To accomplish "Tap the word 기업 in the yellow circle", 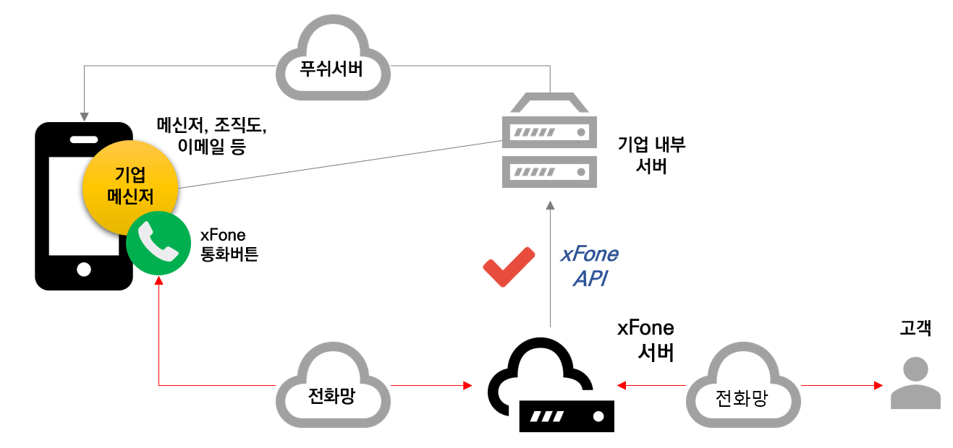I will (x=130, y=174).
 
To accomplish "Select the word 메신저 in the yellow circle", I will (x=130, y=196).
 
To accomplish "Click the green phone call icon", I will (x=158, y=244).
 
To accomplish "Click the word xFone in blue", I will (x=590, y=255).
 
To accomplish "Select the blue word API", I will (x=590, y=279).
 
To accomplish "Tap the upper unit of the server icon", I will (x=550, y=132).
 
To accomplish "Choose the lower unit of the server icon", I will (x=550, y=172).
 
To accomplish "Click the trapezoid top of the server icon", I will (x=550, y=103).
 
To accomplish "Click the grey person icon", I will (x=915, y=383).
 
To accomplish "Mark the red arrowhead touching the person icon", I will (x=878, y=386).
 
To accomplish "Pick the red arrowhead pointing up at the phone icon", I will (x=159, y=280).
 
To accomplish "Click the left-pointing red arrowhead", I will (x=621, y=386).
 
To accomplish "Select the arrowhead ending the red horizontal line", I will (x=467, y=386).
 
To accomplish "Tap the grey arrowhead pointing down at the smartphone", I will (x=85, y=116).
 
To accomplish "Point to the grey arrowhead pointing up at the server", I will (x=550, y=204).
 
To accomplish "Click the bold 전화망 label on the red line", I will (x=332, y=397).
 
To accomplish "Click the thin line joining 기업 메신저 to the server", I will (x=340, y=164).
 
